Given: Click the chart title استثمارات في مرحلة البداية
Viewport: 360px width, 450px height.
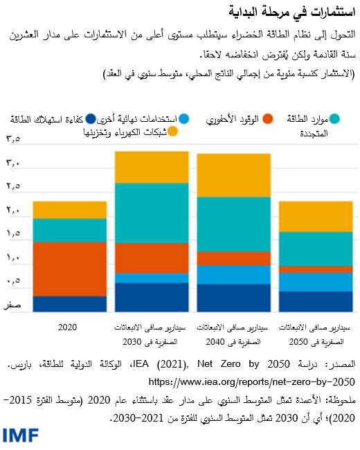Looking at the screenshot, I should point(291,12).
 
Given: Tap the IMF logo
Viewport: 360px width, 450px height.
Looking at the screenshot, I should point(20,435).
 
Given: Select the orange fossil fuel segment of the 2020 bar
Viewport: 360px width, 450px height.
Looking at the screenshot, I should point(70,269).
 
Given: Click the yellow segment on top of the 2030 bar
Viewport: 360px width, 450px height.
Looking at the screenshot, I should point(152,167).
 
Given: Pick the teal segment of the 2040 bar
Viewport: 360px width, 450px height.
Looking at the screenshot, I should point(234,224).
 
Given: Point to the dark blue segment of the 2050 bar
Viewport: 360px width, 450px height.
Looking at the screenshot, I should point(316,302).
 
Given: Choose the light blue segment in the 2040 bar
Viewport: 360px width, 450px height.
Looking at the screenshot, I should point(234,275).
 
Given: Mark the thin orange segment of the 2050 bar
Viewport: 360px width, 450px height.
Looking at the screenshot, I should point(316,269).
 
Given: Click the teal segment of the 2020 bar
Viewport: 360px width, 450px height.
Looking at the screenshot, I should point(70,230).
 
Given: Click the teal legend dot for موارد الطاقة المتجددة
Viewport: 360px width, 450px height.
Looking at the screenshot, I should point(334,119).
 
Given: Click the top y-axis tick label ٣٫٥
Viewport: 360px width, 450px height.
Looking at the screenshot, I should point(14,141).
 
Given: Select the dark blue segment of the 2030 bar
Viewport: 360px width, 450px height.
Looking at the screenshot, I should point(152,298).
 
